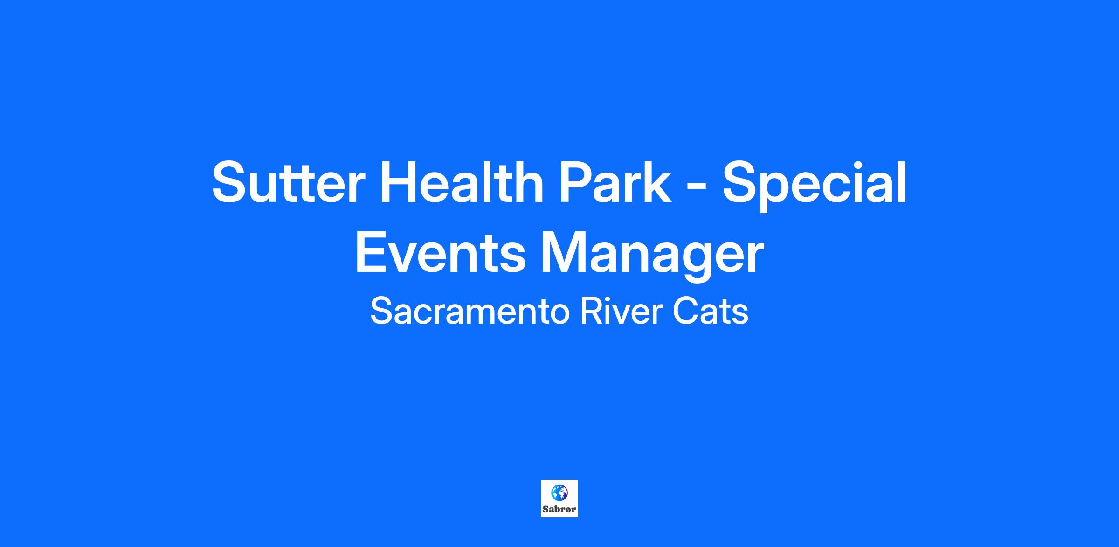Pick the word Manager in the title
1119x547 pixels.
652,257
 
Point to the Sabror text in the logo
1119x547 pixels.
559,510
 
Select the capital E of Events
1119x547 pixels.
372,253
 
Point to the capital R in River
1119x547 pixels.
591,312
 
